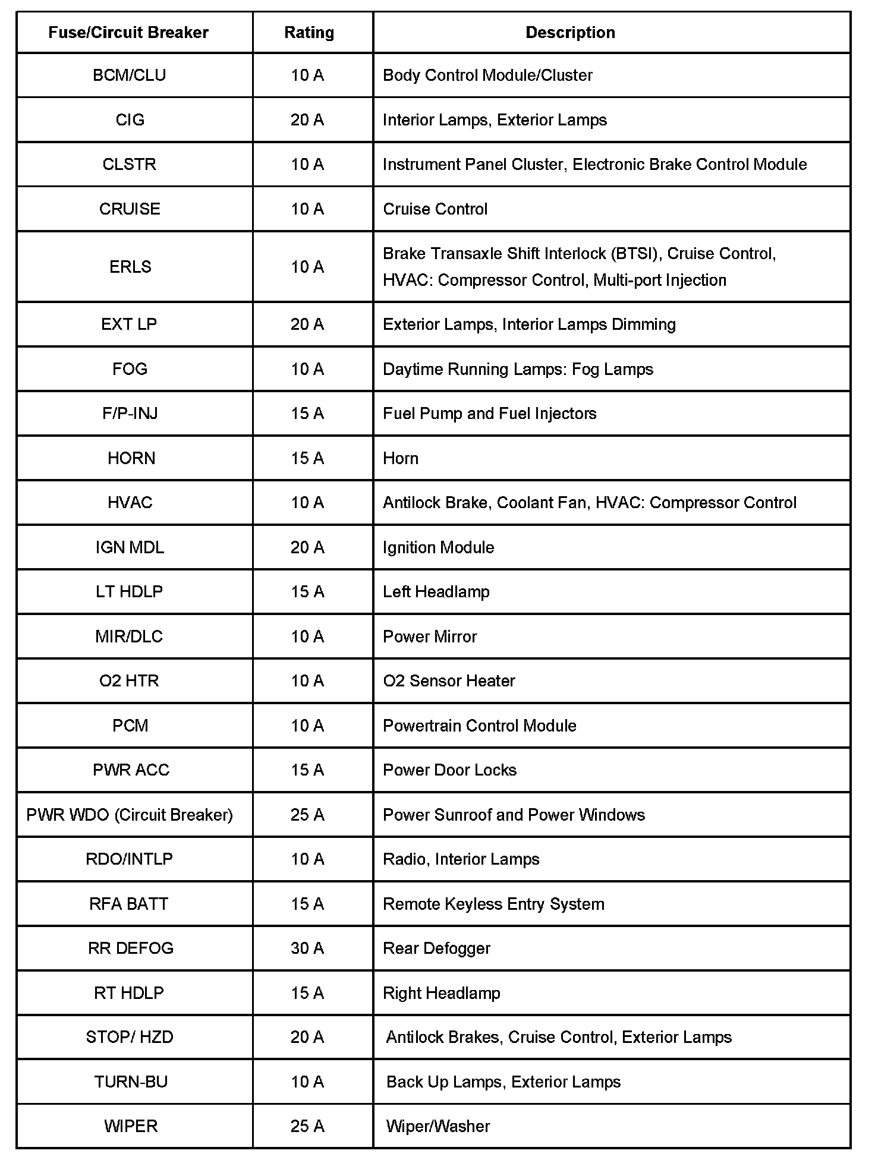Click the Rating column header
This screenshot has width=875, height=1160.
309,32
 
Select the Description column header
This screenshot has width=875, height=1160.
570,32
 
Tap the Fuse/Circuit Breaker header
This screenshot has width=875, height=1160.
128,32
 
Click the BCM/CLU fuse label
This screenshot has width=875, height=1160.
130,75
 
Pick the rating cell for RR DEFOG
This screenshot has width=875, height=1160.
307,948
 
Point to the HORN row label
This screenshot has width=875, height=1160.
131,458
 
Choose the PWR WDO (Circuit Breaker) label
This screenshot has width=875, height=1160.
130,814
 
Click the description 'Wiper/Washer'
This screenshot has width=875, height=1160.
438,1126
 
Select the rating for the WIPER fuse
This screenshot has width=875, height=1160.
307,1126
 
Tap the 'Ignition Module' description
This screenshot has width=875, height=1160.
439,547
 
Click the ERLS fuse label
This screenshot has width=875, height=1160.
130,267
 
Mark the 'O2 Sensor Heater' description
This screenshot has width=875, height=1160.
449,680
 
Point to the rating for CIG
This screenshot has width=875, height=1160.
307,120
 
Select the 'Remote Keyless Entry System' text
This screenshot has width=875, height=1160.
493,904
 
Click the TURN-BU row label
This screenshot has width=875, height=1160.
131,1082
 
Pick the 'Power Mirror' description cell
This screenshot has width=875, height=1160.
430,636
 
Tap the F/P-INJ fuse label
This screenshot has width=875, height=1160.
130,414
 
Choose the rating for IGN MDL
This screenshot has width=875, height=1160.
307,547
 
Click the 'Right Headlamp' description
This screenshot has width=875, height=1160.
442,993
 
